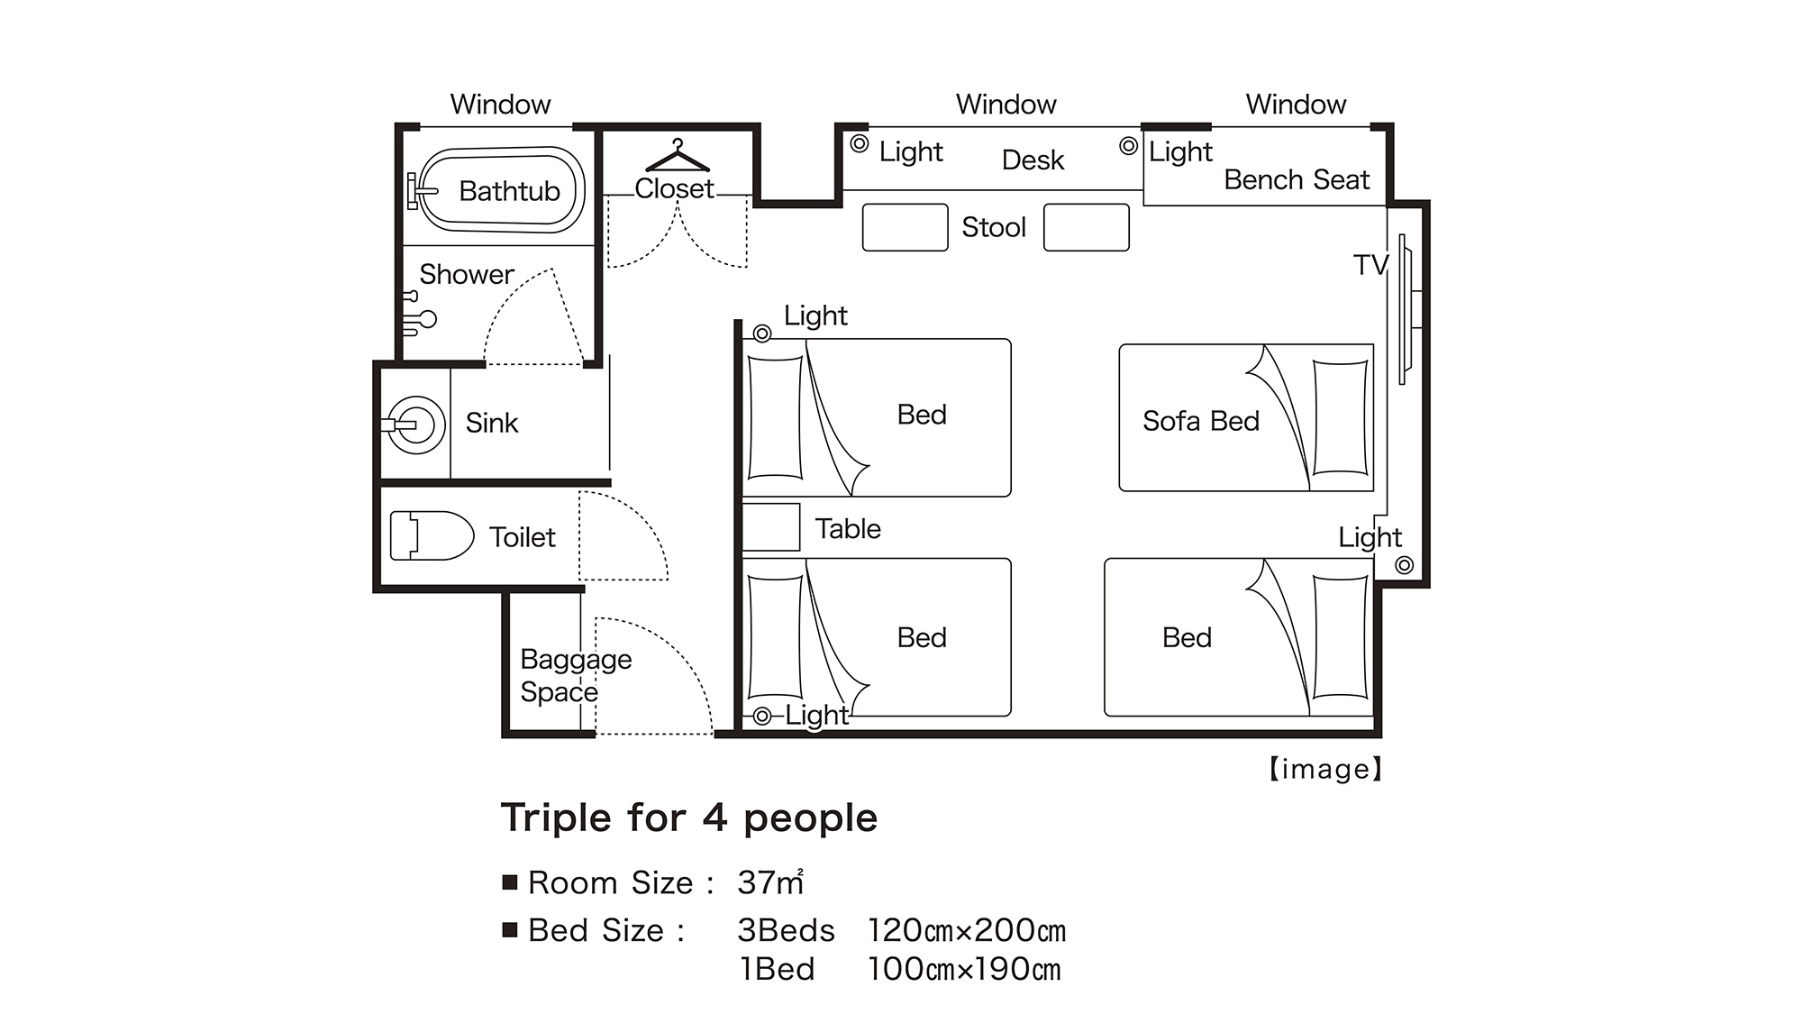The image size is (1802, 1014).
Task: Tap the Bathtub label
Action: (x=509, y=191)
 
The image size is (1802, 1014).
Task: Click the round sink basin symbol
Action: (x=415, y=424)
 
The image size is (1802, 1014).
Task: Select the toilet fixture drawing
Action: (x=432, y=536)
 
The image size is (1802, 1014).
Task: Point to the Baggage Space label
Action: (x=576, y=676)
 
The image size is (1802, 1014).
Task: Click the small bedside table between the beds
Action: (x=771, y=527)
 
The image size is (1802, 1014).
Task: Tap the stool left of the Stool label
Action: (x=905, y=227)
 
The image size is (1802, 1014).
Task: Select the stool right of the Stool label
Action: (x=1086, y=227)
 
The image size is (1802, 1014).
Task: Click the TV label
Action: (x=1370, y=265)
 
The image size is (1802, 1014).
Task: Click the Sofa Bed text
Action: (x=1200, y=421)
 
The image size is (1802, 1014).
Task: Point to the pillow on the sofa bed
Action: (x=1341, y=417)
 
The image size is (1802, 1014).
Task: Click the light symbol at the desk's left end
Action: (x=860, y=143)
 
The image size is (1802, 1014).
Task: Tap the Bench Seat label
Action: (x=1297, y=180)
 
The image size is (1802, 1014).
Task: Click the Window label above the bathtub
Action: (x=500, y=105)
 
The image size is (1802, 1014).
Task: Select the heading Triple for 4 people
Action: (x=689, y=818)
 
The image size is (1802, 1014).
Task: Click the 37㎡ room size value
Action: (x=770, y=882)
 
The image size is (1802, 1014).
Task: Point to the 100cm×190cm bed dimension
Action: (x=964, y=970)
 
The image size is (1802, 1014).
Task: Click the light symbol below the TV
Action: (x=1404, y=565)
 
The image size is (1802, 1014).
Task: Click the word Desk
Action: (x=1033, y=160)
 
